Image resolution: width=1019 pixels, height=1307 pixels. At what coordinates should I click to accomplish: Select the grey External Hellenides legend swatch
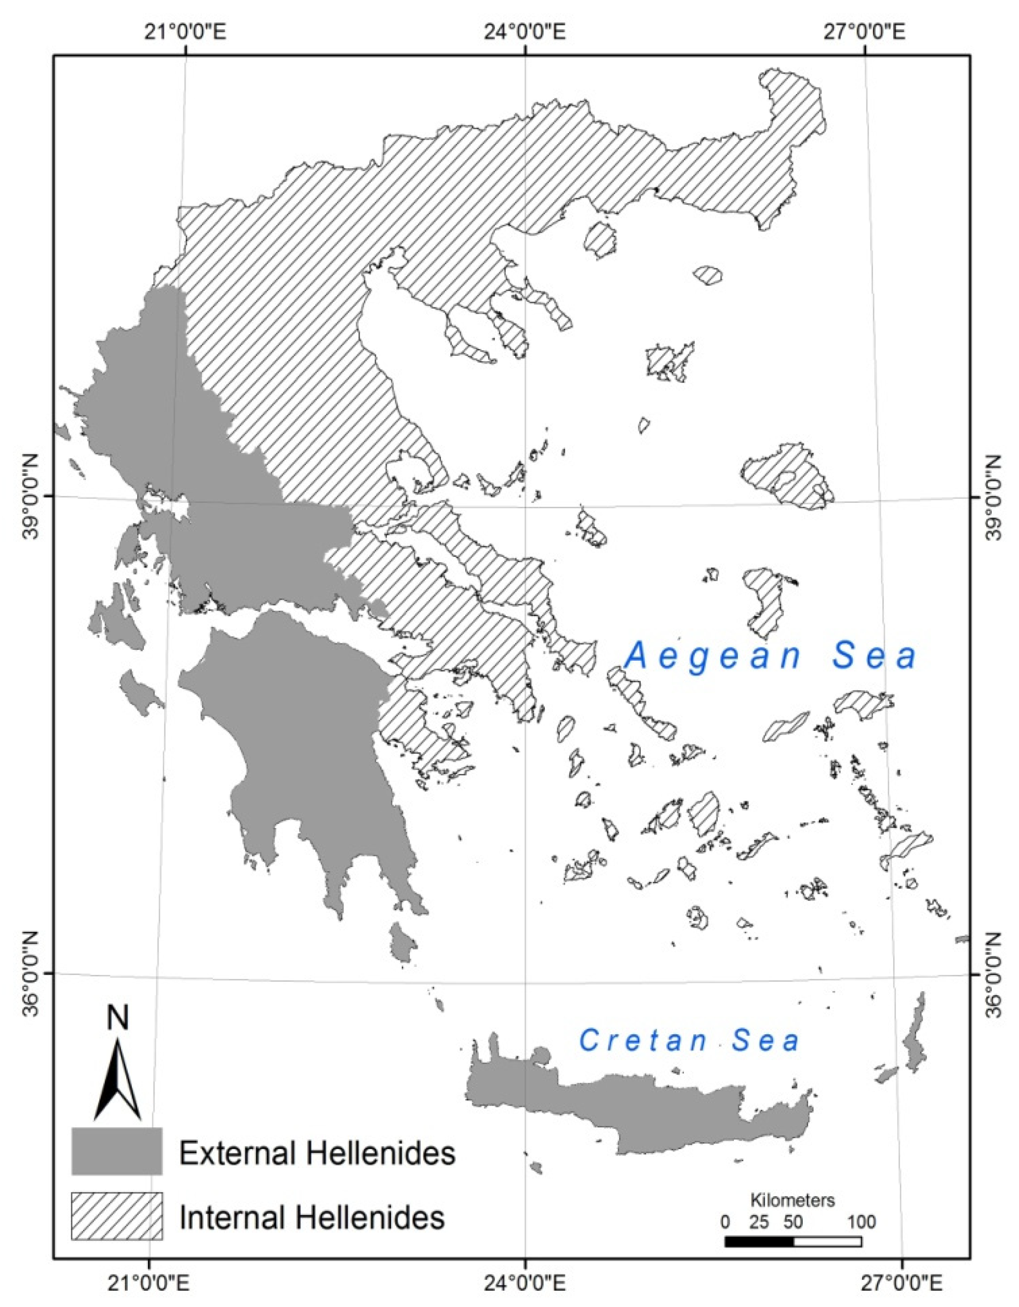click(x=117, y=1150)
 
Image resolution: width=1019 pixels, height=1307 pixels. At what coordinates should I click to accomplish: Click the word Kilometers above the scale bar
click(x=793, y=1200)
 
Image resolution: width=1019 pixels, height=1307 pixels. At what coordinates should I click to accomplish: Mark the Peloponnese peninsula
click(x=299, y=748)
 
